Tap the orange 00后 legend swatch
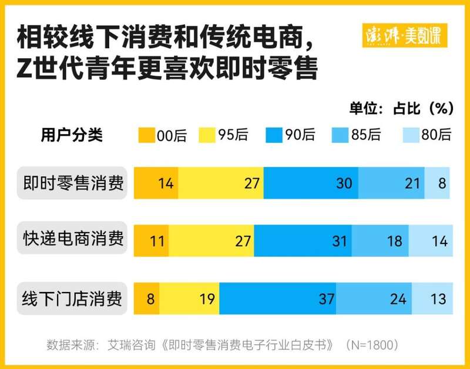[x=146, y=135]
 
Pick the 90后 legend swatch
[x=275, y=135]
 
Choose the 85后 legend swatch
[x=341, y=135]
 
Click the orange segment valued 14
[x=156, y=183]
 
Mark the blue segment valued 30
[x=311, y=183]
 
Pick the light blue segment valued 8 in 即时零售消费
[x=438, y=183]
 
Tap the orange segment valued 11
[x=152, y=240]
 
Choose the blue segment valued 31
[x=303, y=240]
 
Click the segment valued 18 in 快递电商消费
[x=380, y=240]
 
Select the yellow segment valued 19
[x=189, y=298]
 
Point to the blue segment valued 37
[x=277, y=298]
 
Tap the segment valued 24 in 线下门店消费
[x=374, y=298]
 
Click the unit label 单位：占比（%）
[x=401, y=108]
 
